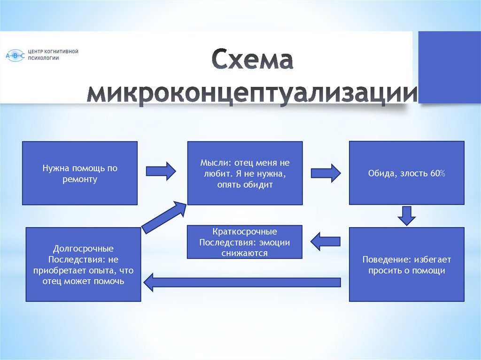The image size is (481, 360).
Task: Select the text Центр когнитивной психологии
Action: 53,54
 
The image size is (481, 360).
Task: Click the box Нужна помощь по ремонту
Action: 80,173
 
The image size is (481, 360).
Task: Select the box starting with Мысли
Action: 245,173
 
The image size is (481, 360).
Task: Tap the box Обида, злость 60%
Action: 406,173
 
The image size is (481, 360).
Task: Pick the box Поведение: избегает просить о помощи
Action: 406,265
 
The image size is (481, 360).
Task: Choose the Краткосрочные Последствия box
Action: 244,242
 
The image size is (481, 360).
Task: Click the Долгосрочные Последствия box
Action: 83,265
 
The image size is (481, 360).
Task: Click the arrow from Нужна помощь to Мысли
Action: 161,171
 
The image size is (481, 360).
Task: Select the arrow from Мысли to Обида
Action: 326,173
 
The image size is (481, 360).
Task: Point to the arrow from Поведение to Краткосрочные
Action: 325,242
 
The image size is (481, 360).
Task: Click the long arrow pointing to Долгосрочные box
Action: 241,282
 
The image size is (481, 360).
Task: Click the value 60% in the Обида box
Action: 437,174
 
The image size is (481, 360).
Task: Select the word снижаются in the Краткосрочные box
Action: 244,253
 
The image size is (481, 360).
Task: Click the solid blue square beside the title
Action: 450,67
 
